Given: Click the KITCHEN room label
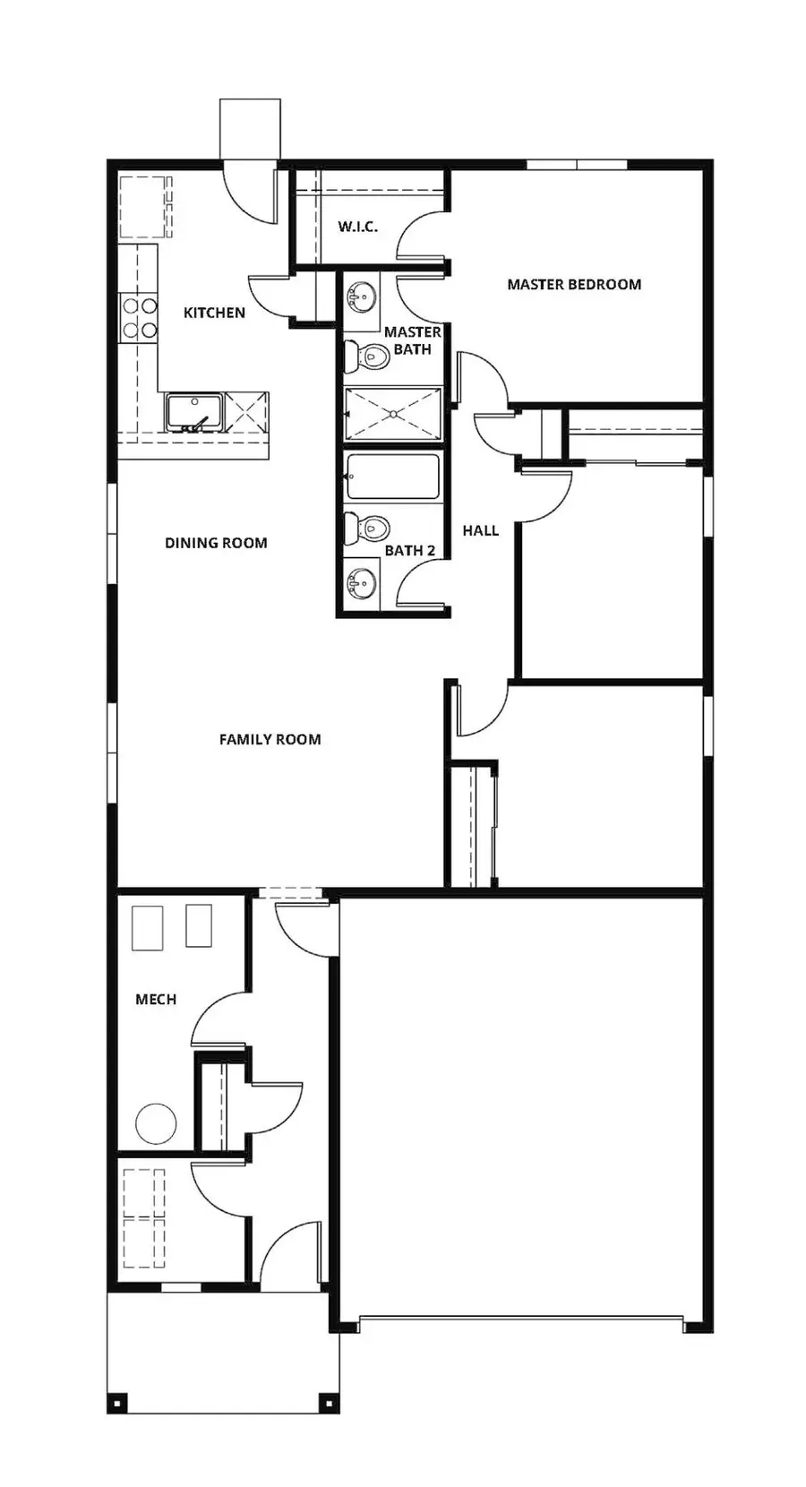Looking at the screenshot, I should [x=214, y=313].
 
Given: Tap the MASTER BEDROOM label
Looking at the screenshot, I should [x=574, y=285].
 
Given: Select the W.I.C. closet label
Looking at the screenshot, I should [x=357, y=227].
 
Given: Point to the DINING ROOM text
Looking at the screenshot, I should [x=216, y=543].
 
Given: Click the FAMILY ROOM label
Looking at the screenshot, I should [x=270, y=740].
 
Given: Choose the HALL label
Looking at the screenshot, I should [x=480, y=530].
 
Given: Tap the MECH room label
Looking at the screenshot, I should [x=156, y=1000].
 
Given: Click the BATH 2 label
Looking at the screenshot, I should [x=409, y=551].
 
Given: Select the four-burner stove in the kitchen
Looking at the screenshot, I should [x=140, y=318].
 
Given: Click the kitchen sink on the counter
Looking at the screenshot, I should [x=194, y=411].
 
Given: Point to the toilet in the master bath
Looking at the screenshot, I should [x=368, y=356].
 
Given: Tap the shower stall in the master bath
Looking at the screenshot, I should [x=394, y=414].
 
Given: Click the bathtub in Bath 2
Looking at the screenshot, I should [x=393, y=477].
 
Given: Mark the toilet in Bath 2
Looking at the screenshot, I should [x=368, y=528].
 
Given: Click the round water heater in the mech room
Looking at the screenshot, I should [x=156, y=1123].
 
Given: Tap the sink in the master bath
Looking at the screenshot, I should [x=362, y=296].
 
